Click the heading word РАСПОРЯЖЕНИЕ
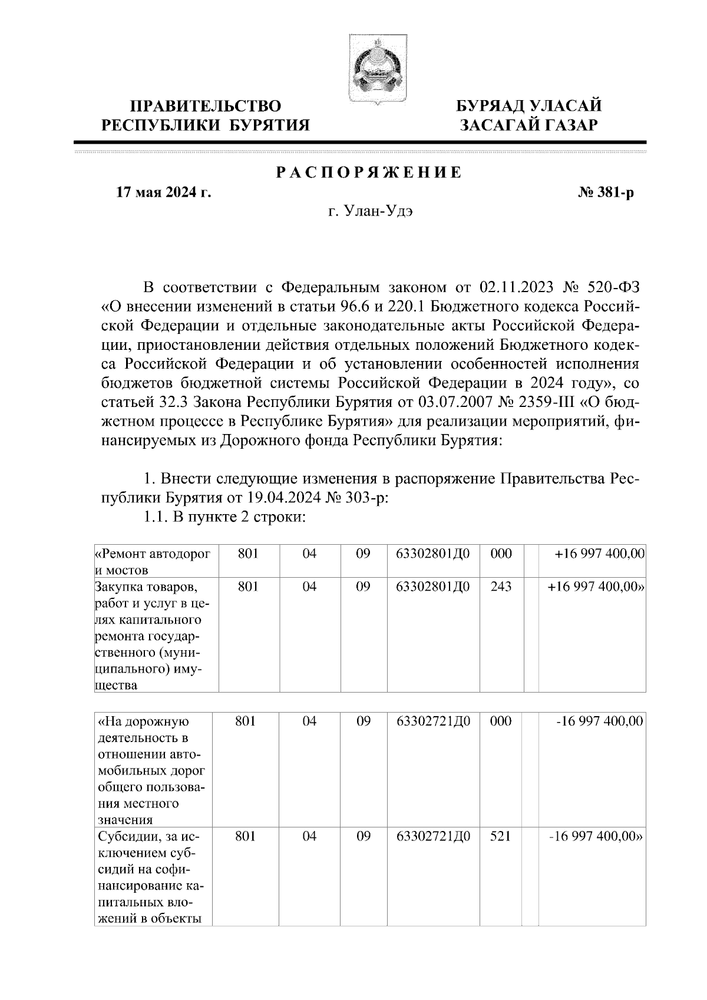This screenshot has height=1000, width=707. coord(369,173)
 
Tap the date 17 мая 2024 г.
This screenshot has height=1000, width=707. coord(164,193)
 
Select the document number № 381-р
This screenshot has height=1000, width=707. coord(606,193)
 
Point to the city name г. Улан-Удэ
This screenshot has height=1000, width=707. coord(371,213)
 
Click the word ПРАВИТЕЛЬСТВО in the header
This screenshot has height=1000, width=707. coord(206,107)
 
